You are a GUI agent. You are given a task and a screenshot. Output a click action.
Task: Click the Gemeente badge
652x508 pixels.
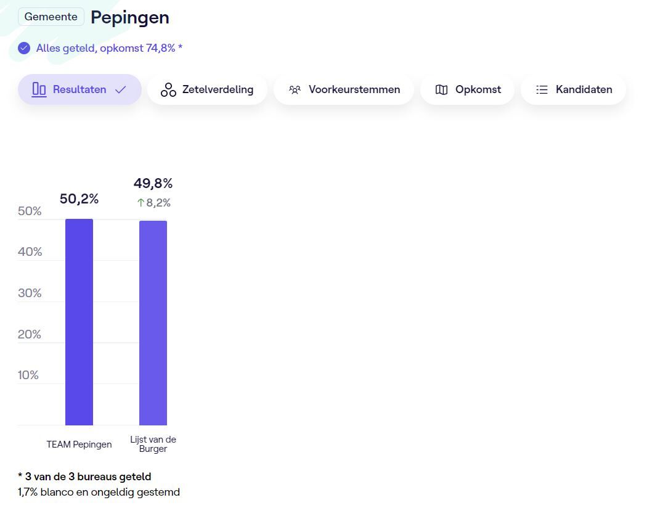51,17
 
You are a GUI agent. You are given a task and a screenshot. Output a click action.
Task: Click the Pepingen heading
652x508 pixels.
130,17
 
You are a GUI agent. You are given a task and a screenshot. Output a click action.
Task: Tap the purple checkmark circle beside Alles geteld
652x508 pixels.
24,48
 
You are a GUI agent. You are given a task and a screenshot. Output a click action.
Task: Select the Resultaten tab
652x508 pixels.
79,89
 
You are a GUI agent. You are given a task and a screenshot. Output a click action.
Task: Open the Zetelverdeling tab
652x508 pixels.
207,89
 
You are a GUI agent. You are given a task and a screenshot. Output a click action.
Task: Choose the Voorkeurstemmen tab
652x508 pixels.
344,89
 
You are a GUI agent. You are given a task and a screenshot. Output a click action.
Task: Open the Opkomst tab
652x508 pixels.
467,89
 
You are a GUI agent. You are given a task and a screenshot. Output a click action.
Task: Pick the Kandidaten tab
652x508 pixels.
573,89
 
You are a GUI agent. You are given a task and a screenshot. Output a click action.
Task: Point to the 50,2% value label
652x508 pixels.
79,199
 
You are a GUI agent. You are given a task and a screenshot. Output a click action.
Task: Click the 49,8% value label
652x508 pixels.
153,183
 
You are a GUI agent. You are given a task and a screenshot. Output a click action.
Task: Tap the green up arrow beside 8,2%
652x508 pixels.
141,203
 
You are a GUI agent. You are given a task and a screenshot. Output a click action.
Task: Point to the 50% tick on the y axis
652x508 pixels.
30,211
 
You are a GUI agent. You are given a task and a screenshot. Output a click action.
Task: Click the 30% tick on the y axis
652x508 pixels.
30,293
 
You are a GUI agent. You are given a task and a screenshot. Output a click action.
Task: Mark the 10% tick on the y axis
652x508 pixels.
28,375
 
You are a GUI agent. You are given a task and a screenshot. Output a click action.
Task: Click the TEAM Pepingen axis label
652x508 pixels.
79,444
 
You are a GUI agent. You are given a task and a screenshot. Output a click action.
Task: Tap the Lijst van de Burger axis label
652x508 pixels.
153,444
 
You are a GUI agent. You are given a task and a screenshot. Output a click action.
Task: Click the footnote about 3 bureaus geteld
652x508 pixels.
84,477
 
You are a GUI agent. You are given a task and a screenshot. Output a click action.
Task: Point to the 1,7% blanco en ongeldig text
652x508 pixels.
99,492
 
